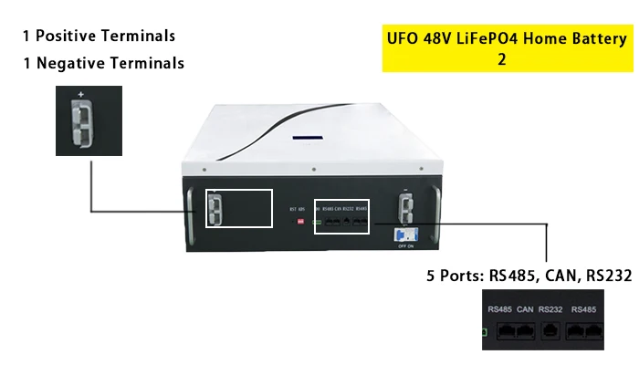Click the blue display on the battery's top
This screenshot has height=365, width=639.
[303, 139]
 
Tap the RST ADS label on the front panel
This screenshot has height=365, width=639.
[296, 209]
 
